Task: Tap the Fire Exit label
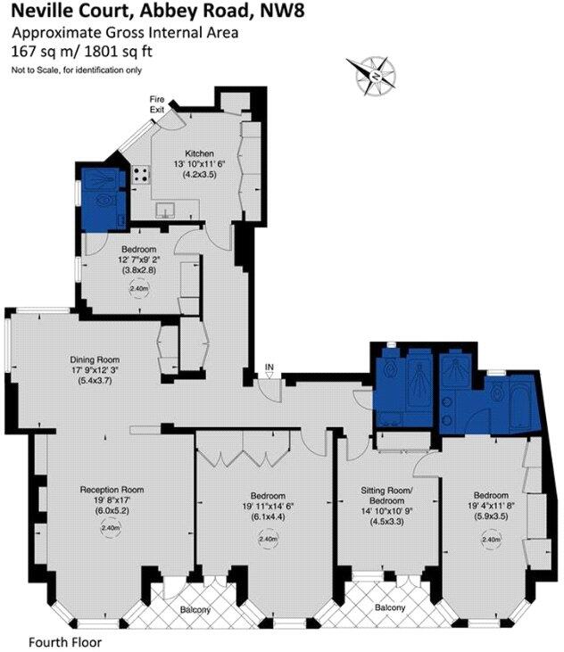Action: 157,103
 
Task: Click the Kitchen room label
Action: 199,153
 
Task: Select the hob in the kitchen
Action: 141,174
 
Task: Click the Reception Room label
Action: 112,490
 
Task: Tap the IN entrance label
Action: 269,367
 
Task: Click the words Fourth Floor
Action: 66,641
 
